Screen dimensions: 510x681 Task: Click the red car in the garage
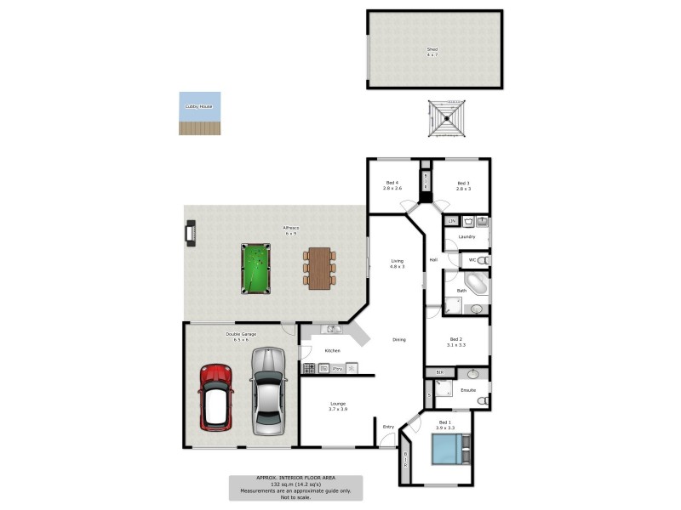point(215,397)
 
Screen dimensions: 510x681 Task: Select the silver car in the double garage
point(267,390)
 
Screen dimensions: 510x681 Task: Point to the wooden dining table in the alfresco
point(319,267)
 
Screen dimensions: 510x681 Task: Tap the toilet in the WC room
point(483,260)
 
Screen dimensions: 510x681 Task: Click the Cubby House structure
point(199,113)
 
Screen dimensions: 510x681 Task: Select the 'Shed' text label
point(432,49)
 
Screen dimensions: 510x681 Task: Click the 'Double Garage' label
point(241,334)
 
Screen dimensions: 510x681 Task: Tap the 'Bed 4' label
point(392,183)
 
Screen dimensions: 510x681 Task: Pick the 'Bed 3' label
point(463,183)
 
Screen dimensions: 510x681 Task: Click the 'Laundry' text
point(466,236)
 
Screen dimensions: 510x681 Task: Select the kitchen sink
point(332,329)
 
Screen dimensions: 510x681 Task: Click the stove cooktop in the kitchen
point(309,368)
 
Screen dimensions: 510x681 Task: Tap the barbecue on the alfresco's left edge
point(191,232)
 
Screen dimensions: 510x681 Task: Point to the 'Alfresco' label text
point(290,228)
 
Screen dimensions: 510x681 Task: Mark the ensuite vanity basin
point(472,374)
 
